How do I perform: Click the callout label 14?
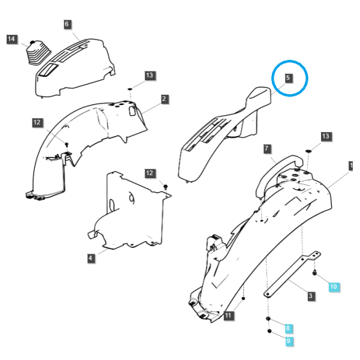11,39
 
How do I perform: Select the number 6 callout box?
67,24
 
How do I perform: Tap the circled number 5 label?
288,78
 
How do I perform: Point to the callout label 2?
164,99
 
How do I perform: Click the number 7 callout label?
266,149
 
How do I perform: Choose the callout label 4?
91,258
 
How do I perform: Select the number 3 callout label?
311,296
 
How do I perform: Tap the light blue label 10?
334,287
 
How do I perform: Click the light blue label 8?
288,328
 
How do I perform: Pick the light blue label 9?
289,341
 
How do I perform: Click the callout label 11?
228,315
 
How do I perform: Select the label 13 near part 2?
149,76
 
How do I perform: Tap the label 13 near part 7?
326,136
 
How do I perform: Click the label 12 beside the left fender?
37,122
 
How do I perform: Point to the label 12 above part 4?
149,173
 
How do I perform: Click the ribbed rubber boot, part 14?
38,53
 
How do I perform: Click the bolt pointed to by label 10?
315,273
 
